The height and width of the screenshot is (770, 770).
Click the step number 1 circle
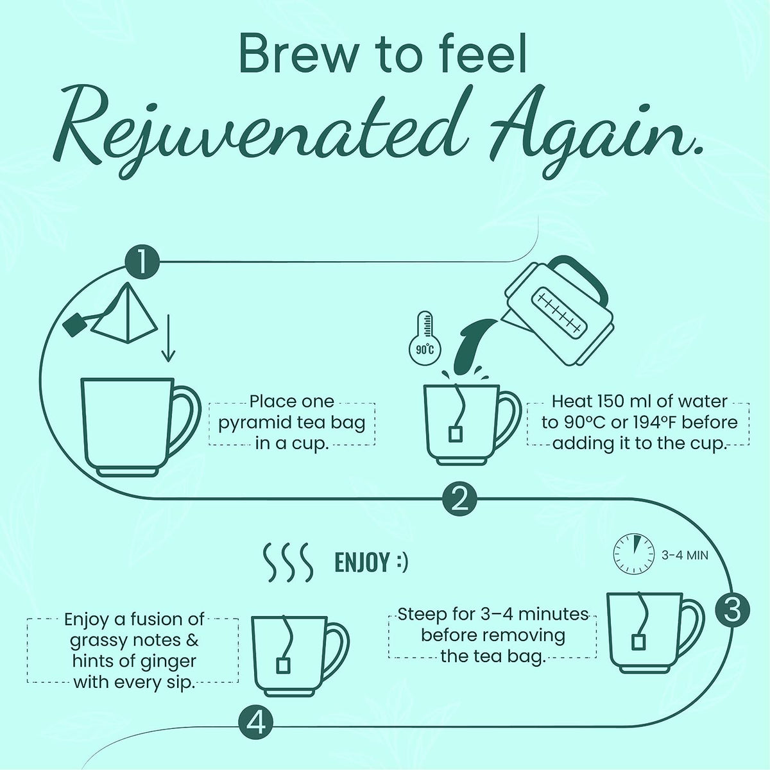point(142,262)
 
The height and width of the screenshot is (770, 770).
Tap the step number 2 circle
point(459,499)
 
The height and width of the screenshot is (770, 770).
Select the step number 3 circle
point(732,610)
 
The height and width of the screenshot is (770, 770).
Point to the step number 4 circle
point(256,723)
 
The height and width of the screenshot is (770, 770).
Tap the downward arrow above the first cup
point(168,338)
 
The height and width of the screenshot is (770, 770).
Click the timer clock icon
point(634,555)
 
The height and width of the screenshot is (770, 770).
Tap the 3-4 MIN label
point(685,555)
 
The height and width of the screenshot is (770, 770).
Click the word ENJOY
point(361,562)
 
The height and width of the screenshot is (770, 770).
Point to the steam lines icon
point(287,562)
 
